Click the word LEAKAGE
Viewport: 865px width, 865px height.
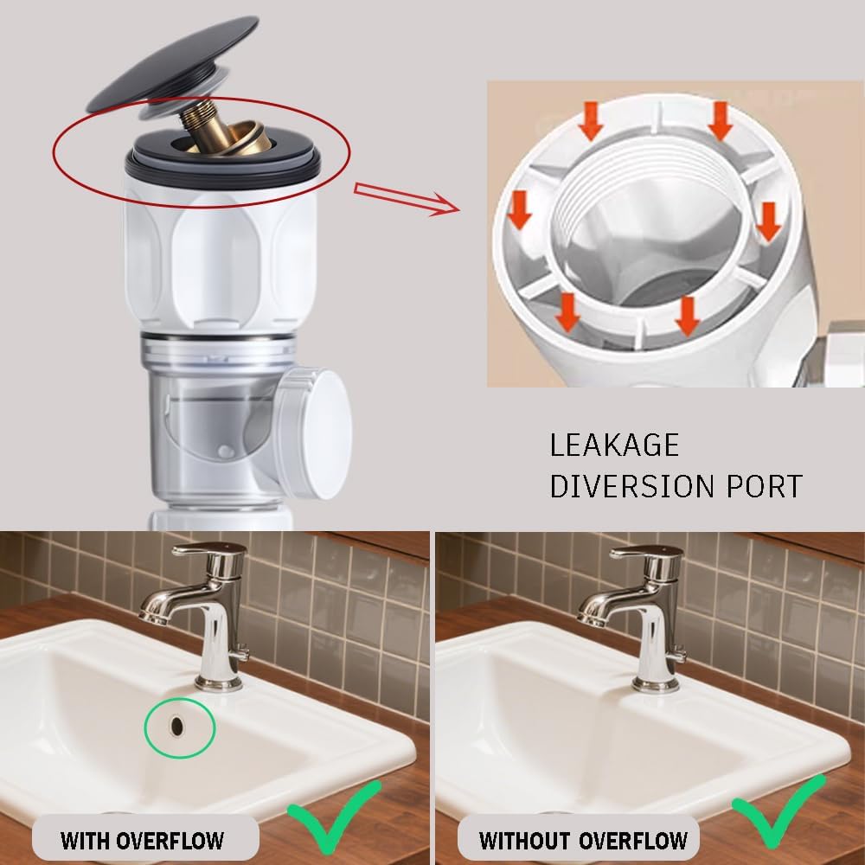614,445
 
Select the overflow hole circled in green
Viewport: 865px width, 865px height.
178,725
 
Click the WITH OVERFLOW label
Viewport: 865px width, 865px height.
142,839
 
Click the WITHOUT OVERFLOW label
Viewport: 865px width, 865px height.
583,839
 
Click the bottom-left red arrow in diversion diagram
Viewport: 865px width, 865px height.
567,313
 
